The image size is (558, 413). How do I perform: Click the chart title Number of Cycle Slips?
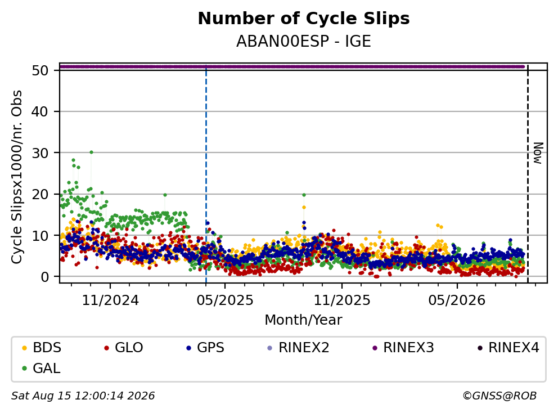coord(304,19)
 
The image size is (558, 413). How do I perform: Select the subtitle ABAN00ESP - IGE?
coord(304,41)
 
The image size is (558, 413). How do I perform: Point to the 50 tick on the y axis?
coord(40,70)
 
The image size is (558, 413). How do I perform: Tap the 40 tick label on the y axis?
coord(40,112)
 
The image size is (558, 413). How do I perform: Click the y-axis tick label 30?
coord(40,153)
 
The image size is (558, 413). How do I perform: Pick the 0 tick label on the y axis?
coord(44,277)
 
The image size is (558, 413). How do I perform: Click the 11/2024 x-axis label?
coord(110,300)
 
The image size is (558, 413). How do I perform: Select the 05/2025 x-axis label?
coord(225,300)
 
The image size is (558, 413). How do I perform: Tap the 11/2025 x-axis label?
coord(341,300)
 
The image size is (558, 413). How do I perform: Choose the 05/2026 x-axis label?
coord(457,300)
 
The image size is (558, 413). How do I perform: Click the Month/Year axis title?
coord(304,320)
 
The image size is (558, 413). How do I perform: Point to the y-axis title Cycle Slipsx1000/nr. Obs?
coord(17,177)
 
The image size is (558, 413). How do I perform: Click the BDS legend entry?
coord(42,348)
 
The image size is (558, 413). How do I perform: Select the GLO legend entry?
coord(124,348)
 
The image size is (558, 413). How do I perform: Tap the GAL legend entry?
coord(41,368)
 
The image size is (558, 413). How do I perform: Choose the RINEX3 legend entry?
coord(403,348)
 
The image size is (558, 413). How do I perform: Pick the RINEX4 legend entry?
coord(508,348)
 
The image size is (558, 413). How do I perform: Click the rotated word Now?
coord(538,153)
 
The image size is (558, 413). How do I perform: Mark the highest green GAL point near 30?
coord(92,152)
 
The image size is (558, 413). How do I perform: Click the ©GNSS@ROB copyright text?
coord(499,396)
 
